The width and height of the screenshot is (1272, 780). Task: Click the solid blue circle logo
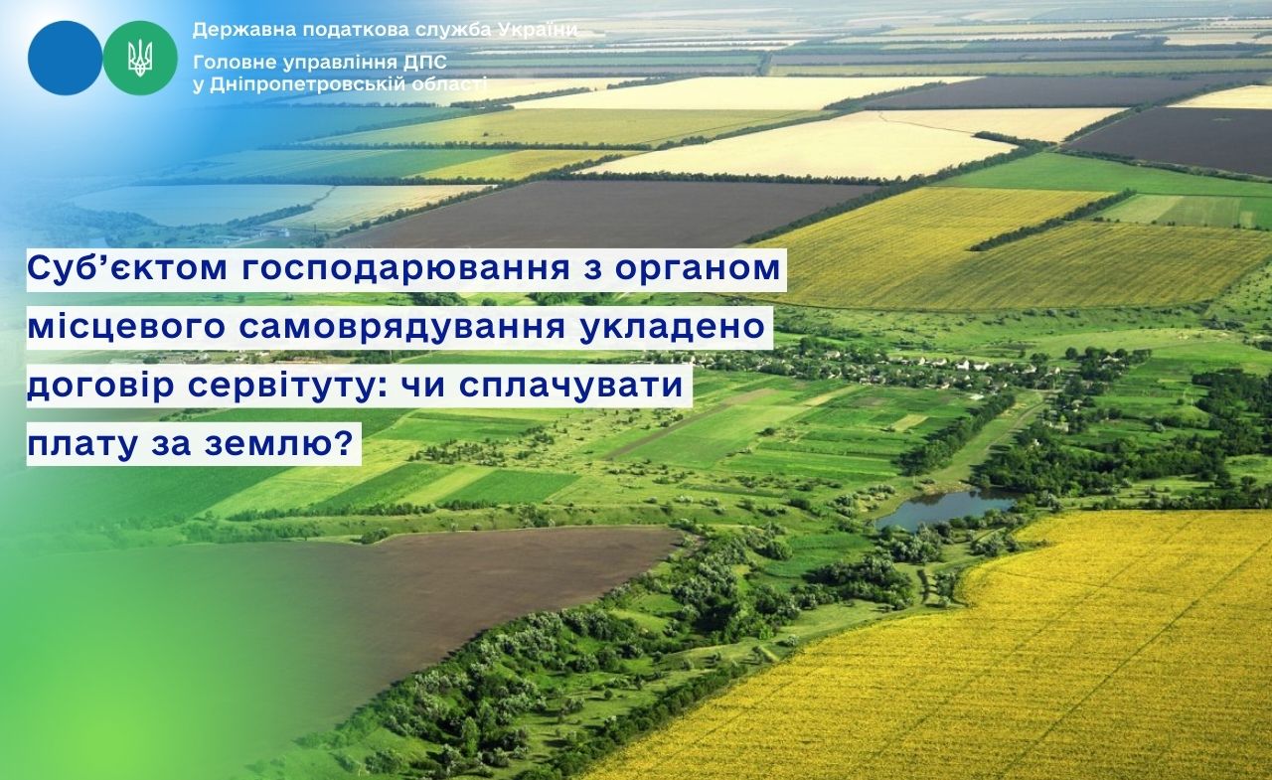point(65,58)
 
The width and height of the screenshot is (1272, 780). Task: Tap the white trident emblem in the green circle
point(140,58)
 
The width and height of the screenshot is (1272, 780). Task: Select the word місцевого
point(126,328)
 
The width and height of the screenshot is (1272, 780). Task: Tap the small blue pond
point(945,507)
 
